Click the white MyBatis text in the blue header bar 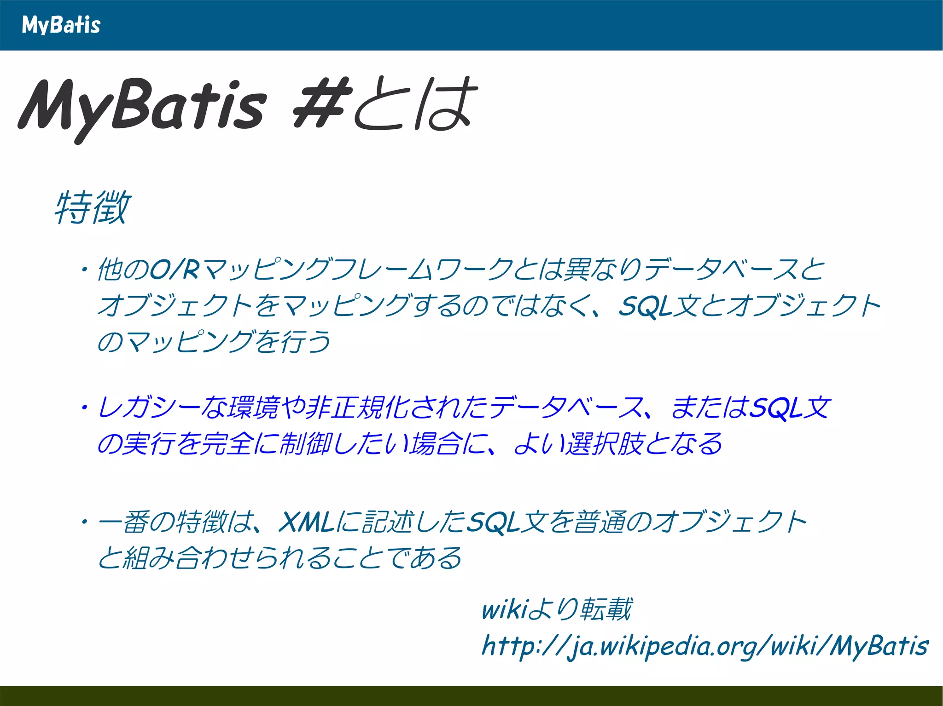click(61, 25)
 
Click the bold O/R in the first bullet click(175, 270)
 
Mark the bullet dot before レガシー click(85, 408)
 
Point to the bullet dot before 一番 click(85, 522)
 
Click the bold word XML click(306, 522)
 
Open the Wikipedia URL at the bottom click(704, 646)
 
